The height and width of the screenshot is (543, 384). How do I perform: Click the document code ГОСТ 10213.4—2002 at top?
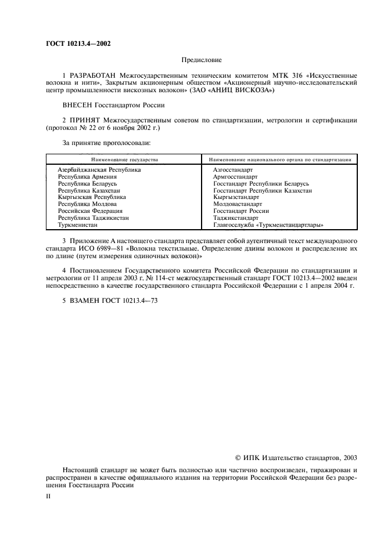coord(78,43)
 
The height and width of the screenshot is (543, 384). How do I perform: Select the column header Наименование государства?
coord(124,158)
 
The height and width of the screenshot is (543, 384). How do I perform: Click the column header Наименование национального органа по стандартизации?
coord(279,158)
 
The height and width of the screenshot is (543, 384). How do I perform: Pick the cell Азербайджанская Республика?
coord(99,169)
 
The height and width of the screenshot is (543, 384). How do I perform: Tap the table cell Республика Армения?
coord(87,176)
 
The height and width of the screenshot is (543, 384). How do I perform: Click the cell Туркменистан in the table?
coord(77,225)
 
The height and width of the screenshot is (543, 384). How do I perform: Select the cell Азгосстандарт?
coord(233,169)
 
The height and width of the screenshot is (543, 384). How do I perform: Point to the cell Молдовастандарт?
coord(238,204)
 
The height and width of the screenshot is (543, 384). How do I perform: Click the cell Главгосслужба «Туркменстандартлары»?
coord(268,225)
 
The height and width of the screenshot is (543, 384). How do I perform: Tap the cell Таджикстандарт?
coord(235,218)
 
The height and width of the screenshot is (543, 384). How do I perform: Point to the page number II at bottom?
coord(48,497)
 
